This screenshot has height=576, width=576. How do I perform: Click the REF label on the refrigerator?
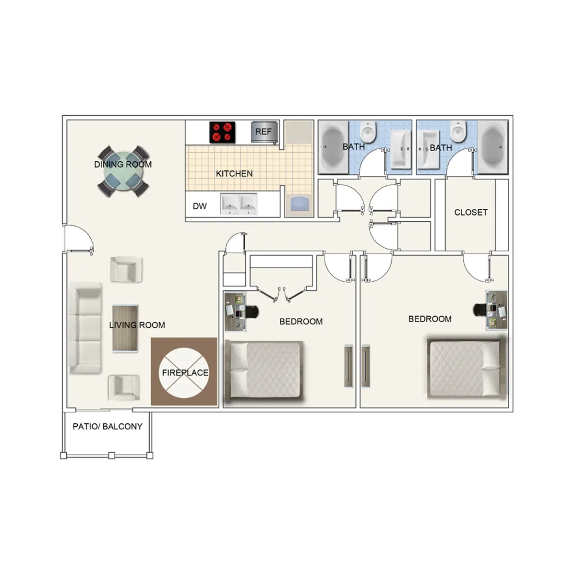click(263, 132)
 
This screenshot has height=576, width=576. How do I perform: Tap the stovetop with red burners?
click(222, 132)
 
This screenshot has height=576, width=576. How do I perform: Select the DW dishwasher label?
click(200, 206)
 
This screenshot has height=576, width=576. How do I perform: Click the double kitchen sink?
click(239, 204)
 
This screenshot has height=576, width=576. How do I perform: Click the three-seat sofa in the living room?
click(85, 328)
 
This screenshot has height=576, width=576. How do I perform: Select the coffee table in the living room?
click(125, 329)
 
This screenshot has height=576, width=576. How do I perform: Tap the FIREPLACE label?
click(185, 372)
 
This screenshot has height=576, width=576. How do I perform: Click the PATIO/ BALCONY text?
click(108, 426)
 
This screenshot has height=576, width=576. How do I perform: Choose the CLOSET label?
click(470, 212)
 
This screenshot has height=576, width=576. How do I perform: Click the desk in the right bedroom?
click(496, 310)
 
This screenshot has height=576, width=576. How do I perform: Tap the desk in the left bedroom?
click(236, 312)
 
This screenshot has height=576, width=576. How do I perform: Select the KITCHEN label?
click(234, 174)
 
